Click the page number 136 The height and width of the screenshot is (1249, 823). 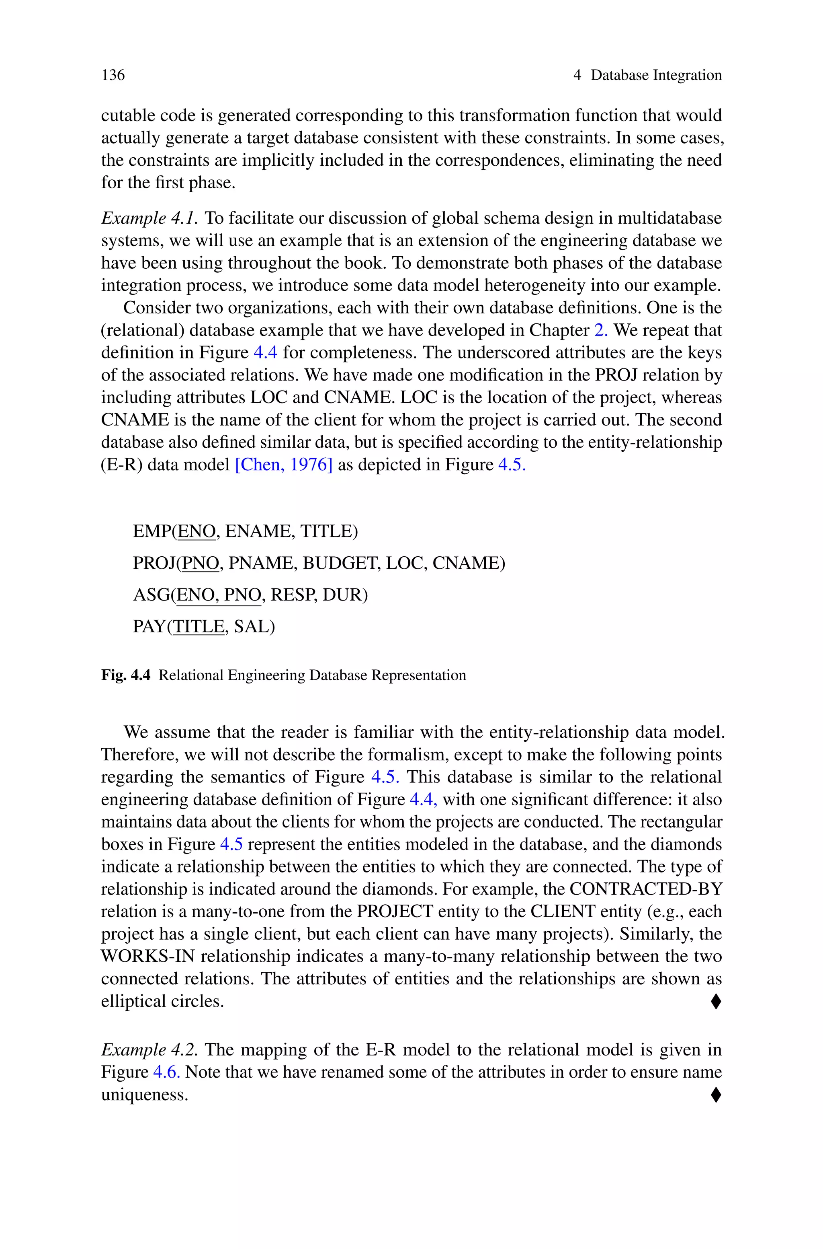(x=113, y=75)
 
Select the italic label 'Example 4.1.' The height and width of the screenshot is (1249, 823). (x=149, y=218)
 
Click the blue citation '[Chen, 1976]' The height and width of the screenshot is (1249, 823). (x=283, y=464)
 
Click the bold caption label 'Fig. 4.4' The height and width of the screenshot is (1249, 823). (x=126, y=675)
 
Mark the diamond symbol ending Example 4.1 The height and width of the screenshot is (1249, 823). (x=715, y=1002)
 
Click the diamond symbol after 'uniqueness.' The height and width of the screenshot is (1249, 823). (x=715, y=1095)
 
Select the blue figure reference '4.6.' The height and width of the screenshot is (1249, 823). (x=166, y=1072)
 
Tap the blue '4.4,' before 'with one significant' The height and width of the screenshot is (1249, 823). (x=423, y=799)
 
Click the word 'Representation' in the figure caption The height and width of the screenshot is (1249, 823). (x=418, y=675)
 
